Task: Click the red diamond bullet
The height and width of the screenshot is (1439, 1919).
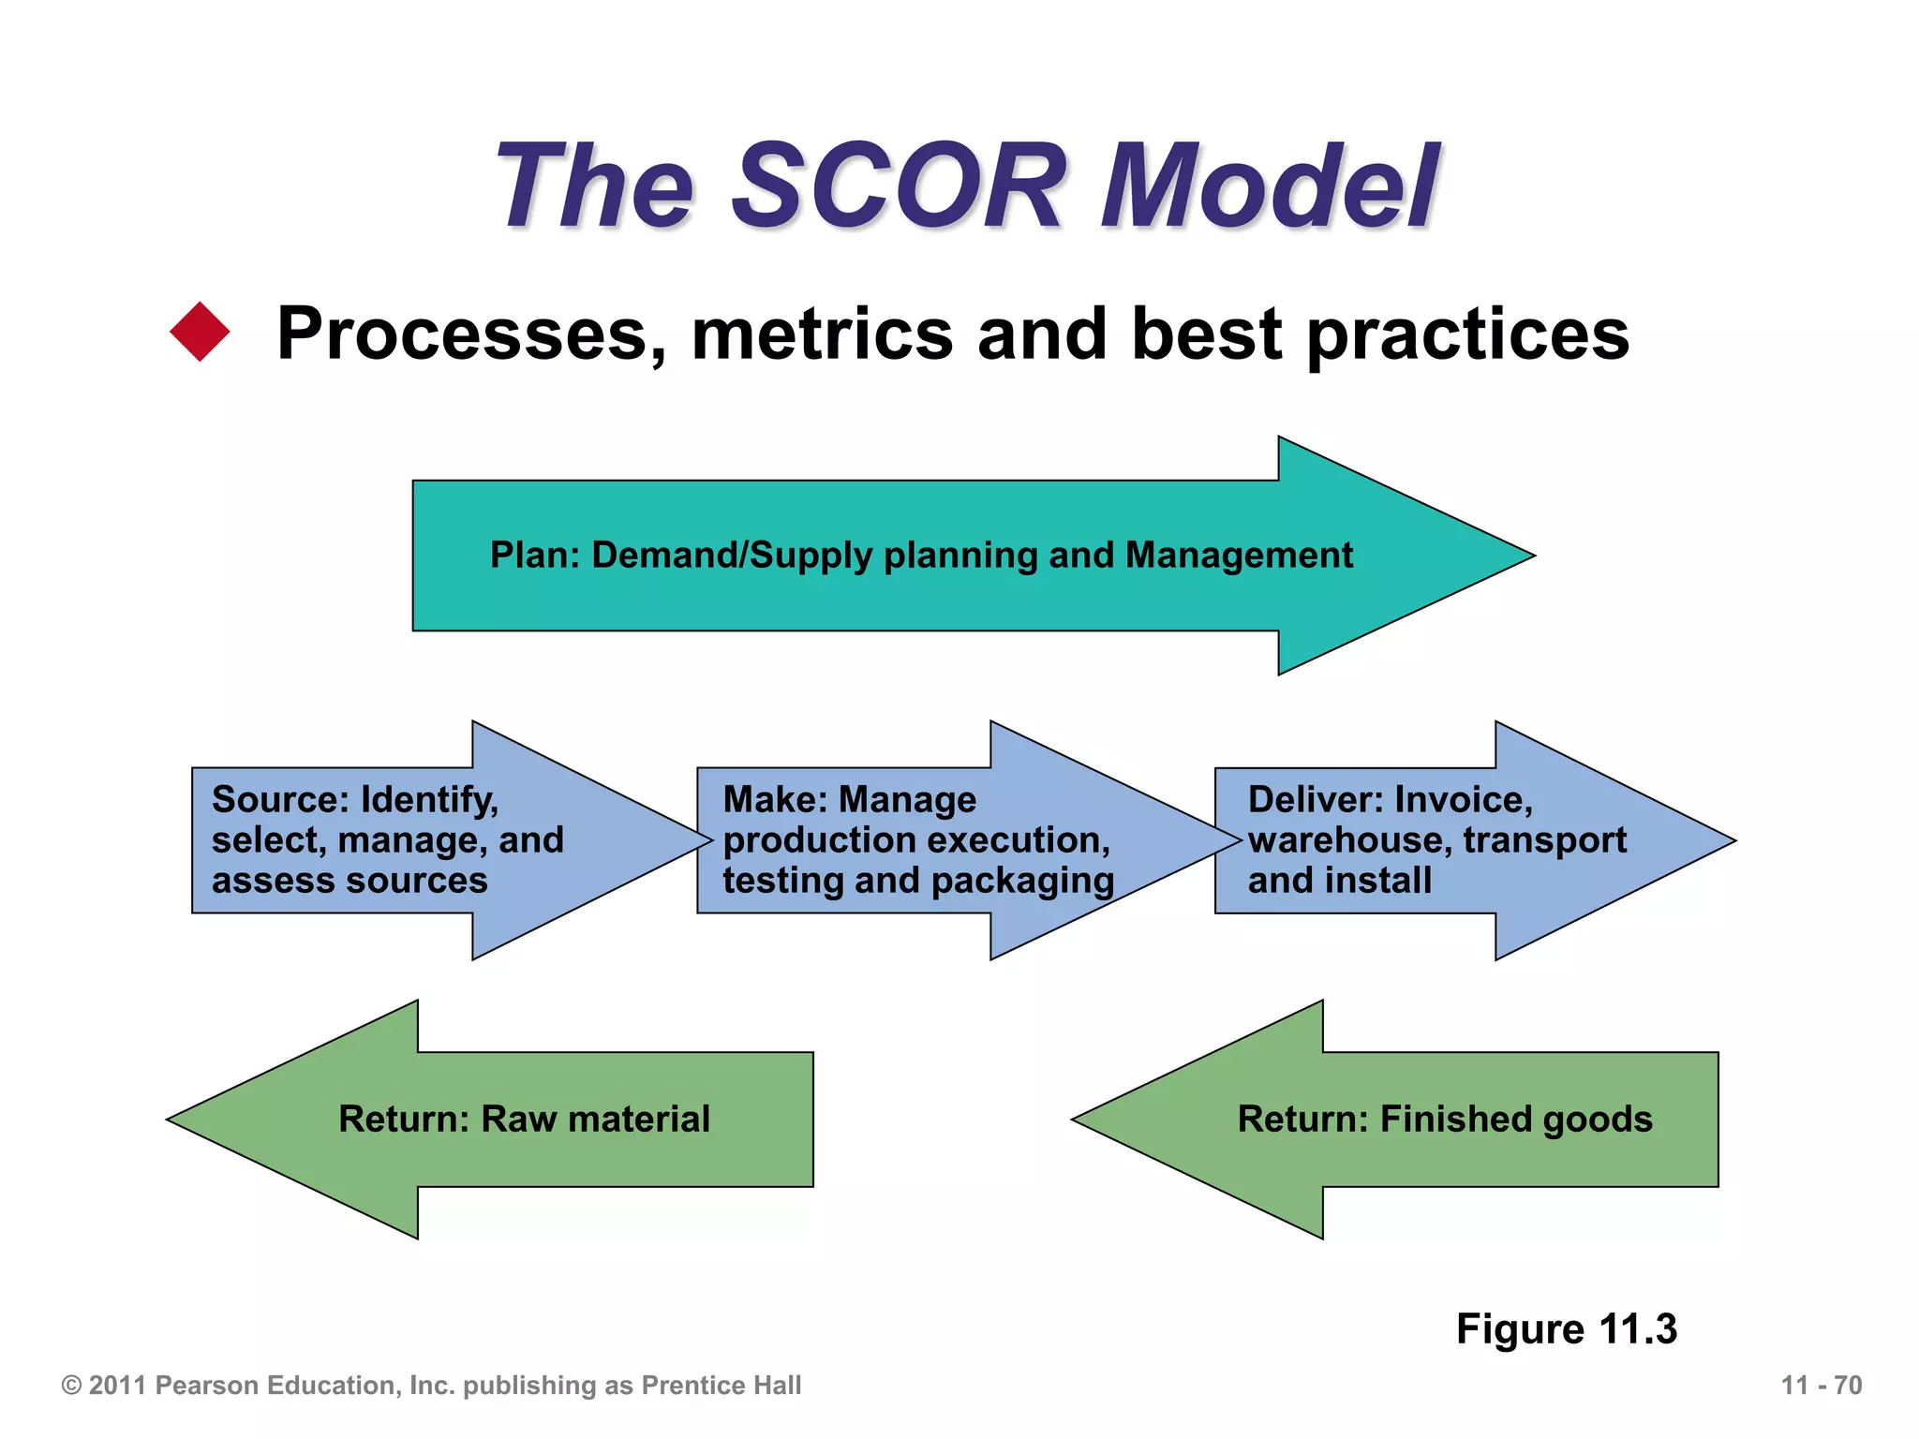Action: click(200, 332)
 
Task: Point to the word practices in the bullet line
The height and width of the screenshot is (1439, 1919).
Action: click(1467, 334)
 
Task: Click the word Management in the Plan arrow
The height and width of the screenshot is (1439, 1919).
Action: click(1239, 556)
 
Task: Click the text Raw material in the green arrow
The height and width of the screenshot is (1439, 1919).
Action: click(595, 1120)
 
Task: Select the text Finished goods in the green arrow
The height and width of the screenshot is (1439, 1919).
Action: click(1515, 1120)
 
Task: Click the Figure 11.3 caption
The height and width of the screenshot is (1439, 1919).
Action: click(1566, 1328)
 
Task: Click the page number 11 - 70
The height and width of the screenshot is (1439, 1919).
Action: click(1821, 1386)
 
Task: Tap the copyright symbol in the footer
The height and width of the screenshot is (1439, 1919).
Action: click(71, 1386)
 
